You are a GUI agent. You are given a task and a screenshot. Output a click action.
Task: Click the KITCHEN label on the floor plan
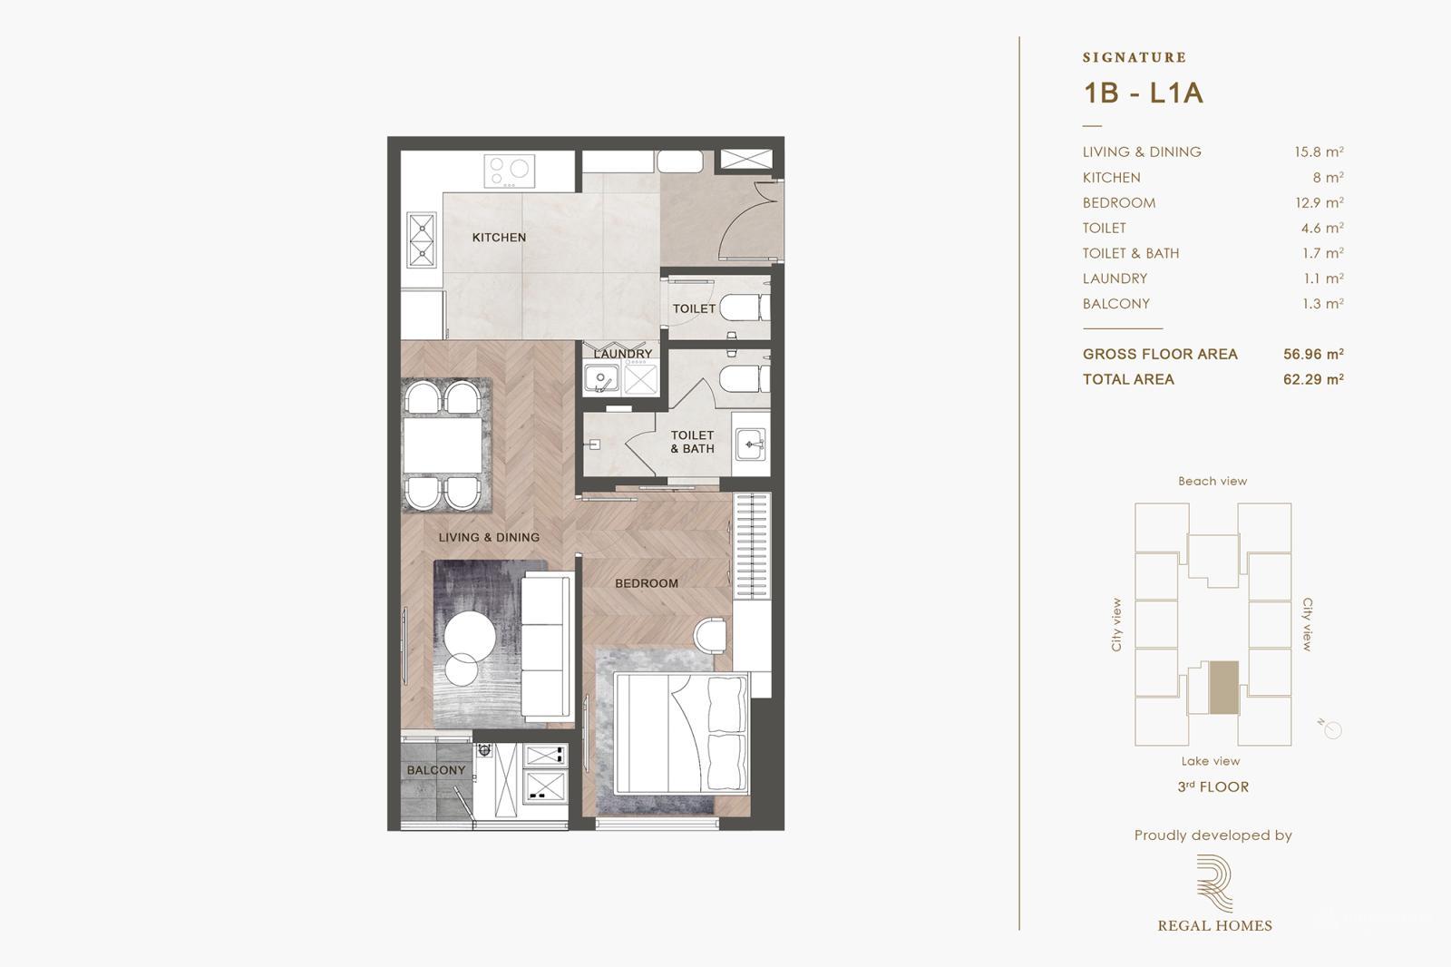pyautogui.click(x=499, y=238)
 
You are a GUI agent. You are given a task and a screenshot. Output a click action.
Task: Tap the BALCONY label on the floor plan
pyautogui.click(x=436, y=770)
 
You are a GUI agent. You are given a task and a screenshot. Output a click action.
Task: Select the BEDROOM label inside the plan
pyautogui.click(x=646, y=583)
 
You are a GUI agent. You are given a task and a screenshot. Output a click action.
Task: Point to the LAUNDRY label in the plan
pyautogui.click(x=623, y=354)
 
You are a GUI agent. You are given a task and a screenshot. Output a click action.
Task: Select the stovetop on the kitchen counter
pyautogui.click(x=509, y=170)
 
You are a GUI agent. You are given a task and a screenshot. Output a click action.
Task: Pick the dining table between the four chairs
pyautogui.click(x=443, y=445)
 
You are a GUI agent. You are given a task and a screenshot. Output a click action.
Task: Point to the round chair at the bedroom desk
pyautogui.click(x=711, y=634)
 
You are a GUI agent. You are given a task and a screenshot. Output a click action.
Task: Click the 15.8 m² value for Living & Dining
pyautogui.click(x=1318, y=152)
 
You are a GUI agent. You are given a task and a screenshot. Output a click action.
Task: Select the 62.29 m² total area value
pyautogui.click(x=1312, y=380)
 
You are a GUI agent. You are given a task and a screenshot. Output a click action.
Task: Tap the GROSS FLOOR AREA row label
pyautogui.click(x=1159, y=355)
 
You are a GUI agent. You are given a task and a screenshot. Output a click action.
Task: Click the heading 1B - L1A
pyautogui.click(x=1143, y=93)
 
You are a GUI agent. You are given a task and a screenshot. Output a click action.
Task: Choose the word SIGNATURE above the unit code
pyautogui.click(x=1134, y=57)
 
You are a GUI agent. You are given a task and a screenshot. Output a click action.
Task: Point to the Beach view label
pyautogui.click(x=1212, y=482)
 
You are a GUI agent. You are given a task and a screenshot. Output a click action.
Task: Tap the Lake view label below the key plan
pyautogui.click(x=1210, y=762)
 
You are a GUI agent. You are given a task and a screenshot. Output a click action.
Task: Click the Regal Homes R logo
pyautogui.click(x=1214, y=884)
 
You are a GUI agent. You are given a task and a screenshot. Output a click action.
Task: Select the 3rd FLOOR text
pyautogui.click(x=1212, y=787)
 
